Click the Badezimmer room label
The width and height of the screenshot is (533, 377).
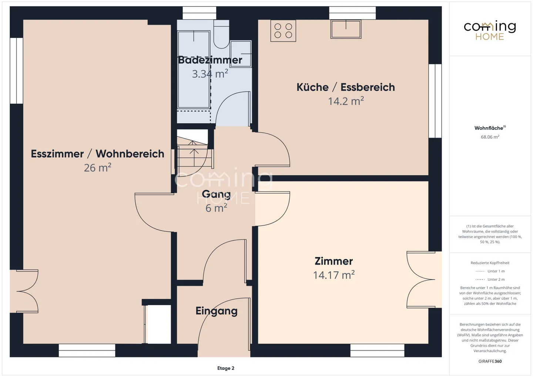(210, 60)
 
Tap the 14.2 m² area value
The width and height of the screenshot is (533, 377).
(346, 101)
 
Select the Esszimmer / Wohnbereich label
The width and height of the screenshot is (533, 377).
(98, 154)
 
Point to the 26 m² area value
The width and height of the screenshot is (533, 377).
(98, 168)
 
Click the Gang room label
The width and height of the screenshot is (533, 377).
(216, 195)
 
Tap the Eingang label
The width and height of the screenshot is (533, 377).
(217, 311)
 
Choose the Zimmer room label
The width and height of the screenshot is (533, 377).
(333, 261)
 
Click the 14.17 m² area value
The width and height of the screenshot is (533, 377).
(334, 275)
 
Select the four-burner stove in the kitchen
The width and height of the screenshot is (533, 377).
(283, 31)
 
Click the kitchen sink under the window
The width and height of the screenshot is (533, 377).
(346, 29)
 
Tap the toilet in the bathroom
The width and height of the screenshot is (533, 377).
(221, 34)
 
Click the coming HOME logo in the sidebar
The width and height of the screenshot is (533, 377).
(490, 30)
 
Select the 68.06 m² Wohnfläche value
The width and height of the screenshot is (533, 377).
(490, 137)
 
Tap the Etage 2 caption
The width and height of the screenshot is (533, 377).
(226, 368)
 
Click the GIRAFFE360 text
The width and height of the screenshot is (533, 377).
(490, 361)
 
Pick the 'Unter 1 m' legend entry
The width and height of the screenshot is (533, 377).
(490, 271)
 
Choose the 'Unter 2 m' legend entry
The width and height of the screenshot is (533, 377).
(490, 279)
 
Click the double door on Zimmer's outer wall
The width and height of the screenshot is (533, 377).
(421, 280)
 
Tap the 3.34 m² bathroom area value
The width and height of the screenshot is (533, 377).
(210, 74)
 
